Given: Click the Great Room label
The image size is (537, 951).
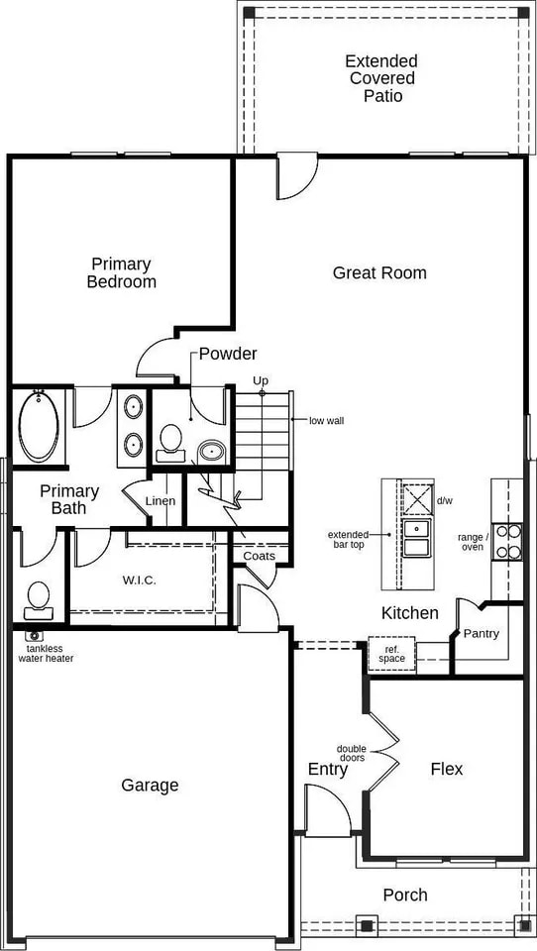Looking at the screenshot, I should (x=379, y=272).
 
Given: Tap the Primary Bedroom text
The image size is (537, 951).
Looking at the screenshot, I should (x=121, y=272).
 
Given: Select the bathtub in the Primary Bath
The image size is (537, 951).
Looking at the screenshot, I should (x=39, y=426).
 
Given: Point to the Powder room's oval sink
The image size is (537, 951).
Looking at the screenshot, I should (x=212, y=453).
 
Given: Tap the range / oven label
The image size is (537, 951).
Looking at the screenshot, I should (x=471, y=542).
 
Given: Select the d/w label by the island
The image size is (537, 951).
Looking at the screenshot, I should (x=445, y=500).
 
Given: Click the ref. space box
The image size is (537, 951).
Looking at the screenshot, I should (x=391, y=654).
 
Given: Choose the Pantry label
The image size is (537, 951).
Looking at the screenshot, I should (x=481, y=634).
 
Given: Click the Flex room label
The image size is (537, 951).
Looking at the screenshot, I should (x=446, y=769).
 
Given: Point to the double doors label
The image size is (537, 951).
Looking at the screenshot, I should (x=352, y=753).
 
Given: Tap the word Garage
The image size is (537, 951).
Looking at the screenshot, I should (x=150, y=786).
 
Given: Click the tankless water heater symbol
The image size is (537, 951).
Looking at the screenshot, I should (x=35, y=635).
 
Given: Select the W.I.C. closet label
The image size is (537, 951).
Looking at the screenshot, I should (x=141, y=580).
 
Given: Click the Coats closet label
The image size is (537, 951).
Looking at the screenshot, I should (x=260, y=556).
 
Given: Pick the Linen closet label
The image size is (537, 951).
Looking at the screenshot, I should (x=161, y=500).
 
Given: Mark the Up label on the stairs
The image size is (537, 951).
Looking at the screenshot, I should (x=261, y=380).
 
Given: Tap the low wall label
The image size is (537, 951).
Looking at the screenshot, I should (x=326, y=420).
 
